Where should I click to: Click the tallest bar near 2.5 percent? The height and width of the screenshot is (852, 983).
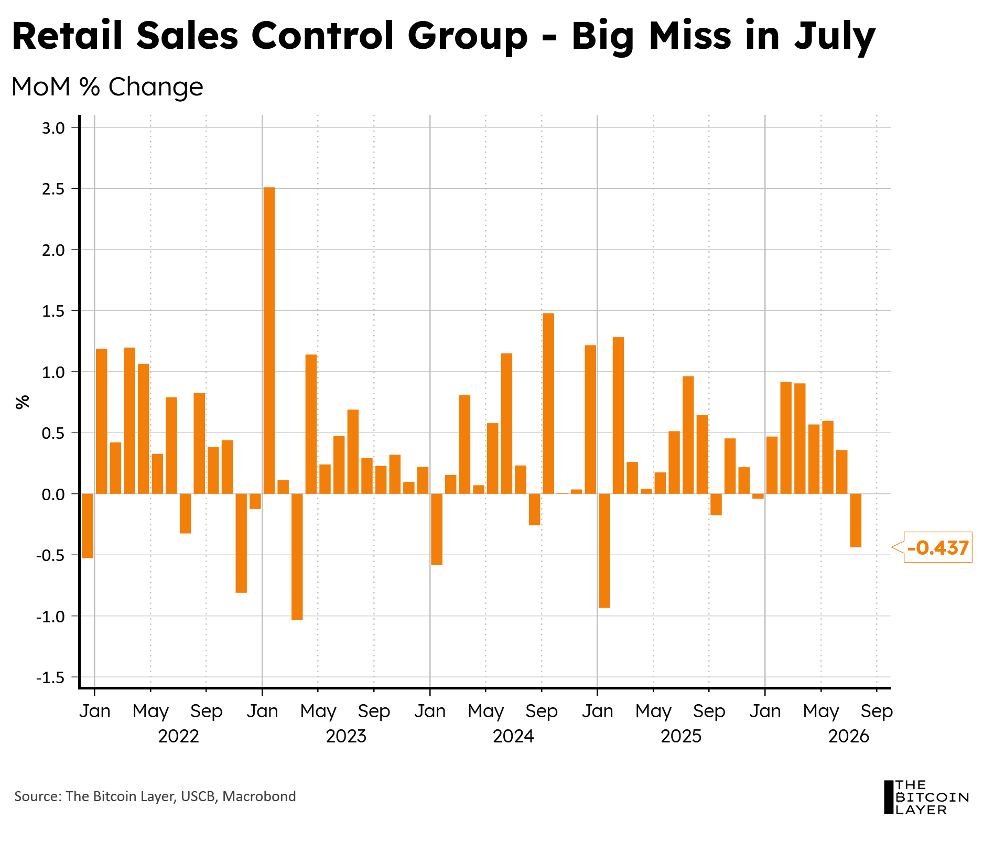point(269,340)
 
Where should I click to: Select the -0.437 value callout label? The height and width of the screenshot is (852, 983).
point(937,547)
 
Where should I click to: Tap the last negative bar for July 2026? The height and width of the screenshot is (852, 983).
point(856,520)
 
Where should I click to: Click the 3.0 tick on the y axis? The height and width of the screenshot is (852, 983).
point(53,128)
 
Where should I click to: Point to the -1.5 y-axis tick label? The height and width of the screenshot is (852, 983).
point(50,677)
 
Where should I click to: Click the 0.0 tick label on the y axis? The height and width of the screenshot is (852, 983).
point(53,494)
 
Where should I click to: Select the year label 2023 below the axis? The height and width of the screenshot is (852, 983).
point(346,736)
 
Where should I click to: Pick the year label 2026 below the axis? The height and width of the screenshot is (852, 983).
point(849,736)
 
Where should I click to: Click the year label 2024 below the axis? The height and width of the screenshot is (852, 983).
point(513,736)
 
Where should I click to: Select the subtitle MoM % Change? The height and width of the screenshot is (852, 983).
point(107,87)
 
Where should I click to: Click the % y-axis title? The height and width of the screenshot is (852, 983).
point(23,402)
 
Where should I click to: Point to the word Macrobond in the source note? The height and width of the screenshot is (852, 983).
point(259,796)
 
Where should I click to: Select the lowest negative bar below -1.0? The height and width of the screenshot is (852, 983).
point(297,557)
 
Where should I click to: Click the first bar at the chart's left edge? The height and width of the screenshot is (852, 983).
point(88,526)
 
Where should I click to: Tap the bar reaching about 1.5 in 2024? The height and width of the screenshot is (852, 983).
point(548,403)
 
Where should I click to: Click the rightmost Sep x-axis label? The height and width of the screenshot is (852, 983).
point(877,711)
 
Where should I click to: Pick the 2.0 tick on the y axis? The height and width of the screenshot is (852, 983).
point(53,250)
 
